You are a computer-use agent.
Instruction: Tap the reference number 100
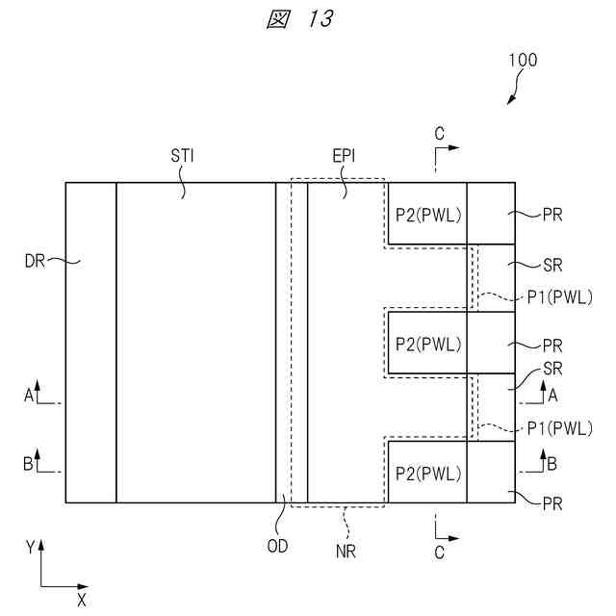pos(523,60)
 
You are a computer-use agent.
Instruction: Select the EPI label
pos(344,155)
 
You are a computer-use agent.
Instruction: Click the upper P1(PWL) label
pos(559,297)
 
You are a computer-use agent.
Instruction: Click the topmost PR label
pos(552,215)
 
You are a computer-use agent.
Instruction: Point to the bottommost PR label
pos(552,502)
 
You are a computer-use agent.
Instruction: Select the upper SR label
pos(552,264)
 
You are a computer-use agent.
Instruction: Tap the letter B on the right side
pos(552,464)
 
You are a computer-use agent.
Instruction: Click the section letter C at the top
pos(438,134)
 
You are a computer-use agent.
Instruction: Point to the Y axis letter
pos(31,547)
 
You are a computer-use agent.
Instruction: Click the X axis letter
pos(82,600)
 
